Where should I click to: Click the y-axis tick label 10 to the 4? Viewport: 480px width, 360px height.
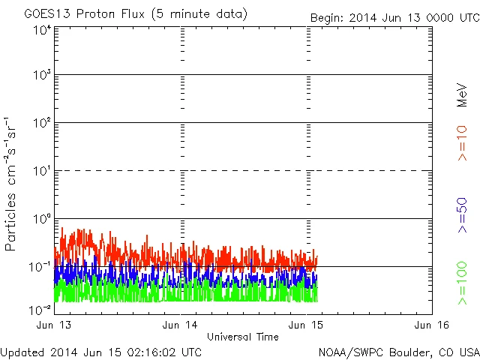click(x=42, y=30)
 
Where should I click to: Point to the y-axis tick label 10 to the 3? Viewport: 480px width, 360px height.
click(x=42, y=75)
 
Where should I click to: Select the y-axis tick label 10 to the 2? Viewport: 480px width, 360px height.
click(x=42, y=123)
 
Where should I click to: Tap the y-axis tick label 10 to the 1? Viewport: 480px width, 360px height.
click(x=42, y=171)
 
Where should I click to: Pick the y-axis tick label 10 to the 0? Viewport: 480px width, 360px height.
click(x=42, y=219)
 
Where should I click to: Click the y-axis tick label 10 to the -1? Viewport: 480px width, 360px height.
click(x=40, y=266)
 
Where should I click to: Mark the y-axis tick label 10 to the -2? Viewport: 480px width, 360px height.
click(x=40, y=309)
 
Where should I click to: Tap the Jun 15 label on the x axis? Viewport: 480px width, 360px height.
click(x=306, y=325)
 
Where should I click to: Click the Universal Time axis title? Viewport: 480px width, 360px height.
click(x=243, y=337)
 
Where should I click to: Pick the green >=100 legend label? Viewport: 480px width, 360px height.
click(x=462, y=283)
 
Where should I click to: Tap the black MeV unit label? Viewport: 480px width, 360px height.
click(x=462, y=96)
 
